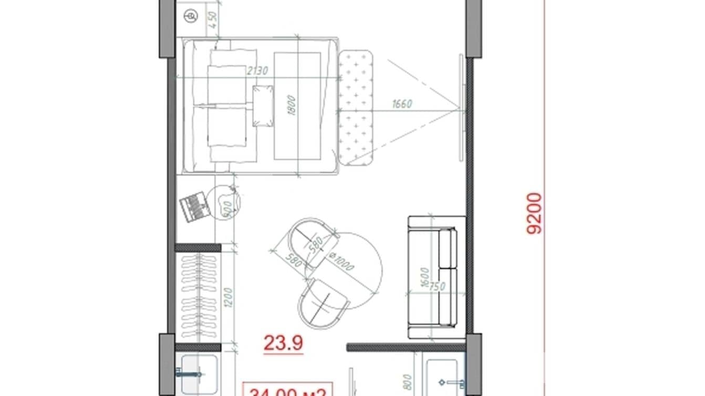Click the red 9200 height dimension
pyautogui.click(x=535, y=213)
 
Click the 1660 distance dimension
pyautogui.click(x=402, y=104)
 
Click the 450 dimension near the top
pyautogui.click(x=213, y=19)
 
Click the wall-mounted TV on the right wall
pyautogui.click(x=462, y=107)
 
